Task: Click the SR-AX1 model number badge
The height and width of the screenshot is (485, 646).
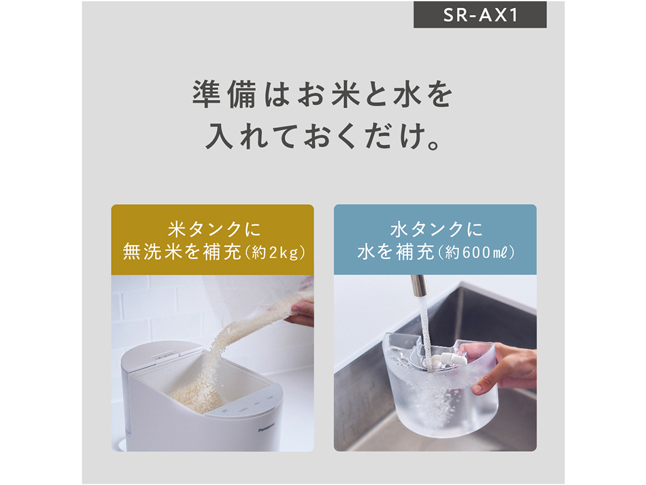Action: pyautogui.click(x=480, y=15)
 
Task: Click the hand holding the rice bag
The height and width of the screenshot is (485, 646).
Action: pyautogui.click(x=302, y=312)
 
